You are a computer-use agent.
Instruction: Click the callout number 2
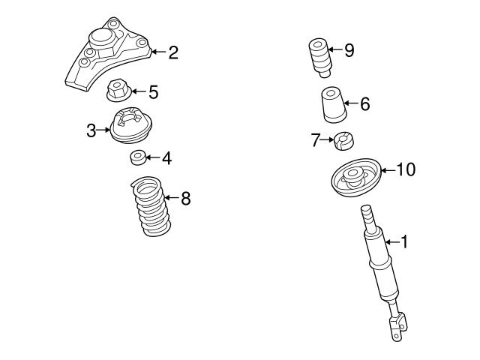(x=173, y=52)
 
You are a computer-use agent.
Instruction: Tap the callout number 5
(x=153, y=93)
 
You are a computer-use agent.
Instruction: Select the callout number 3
(x=91, y=131)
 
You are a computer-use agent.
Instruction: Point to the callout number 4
(x=166, y=158)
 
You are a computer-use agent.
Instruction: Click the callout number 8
(x=185, y=199)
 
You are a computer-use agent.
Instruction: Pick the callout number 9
(x=349, y=51)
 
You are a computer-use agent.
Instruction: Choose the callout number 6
(x=364, y=104)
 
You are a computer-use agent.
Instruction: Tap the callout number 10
(x=405, y=170)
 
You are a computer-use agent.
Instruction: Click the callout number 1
(x=404, y=241)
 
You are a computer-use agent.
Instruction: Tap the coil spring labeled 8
(x=149, y=206)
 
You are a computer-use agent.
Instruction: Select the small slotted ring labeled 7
(x=346, y=139)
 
